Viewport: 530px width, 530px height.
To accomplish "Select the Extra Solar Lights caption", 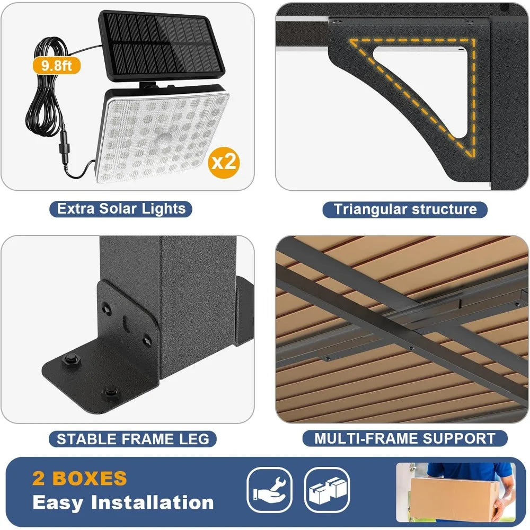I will (121, 208).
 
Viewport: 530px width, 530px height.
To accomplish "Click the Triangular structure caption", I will (405, 209).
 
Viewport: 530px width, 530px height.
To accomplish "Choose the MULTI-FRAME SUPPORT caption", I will (405, 438).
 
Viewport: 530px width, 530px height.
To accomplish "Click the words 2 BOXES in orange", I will (79, 478).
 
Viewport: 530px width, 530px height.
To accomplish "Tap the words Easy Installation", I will (123, 502).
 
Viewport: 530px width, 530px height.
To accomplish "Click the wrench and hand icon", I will (270, 490).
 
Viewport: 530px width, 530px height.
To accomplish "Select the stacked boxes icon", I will (326, 490).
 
